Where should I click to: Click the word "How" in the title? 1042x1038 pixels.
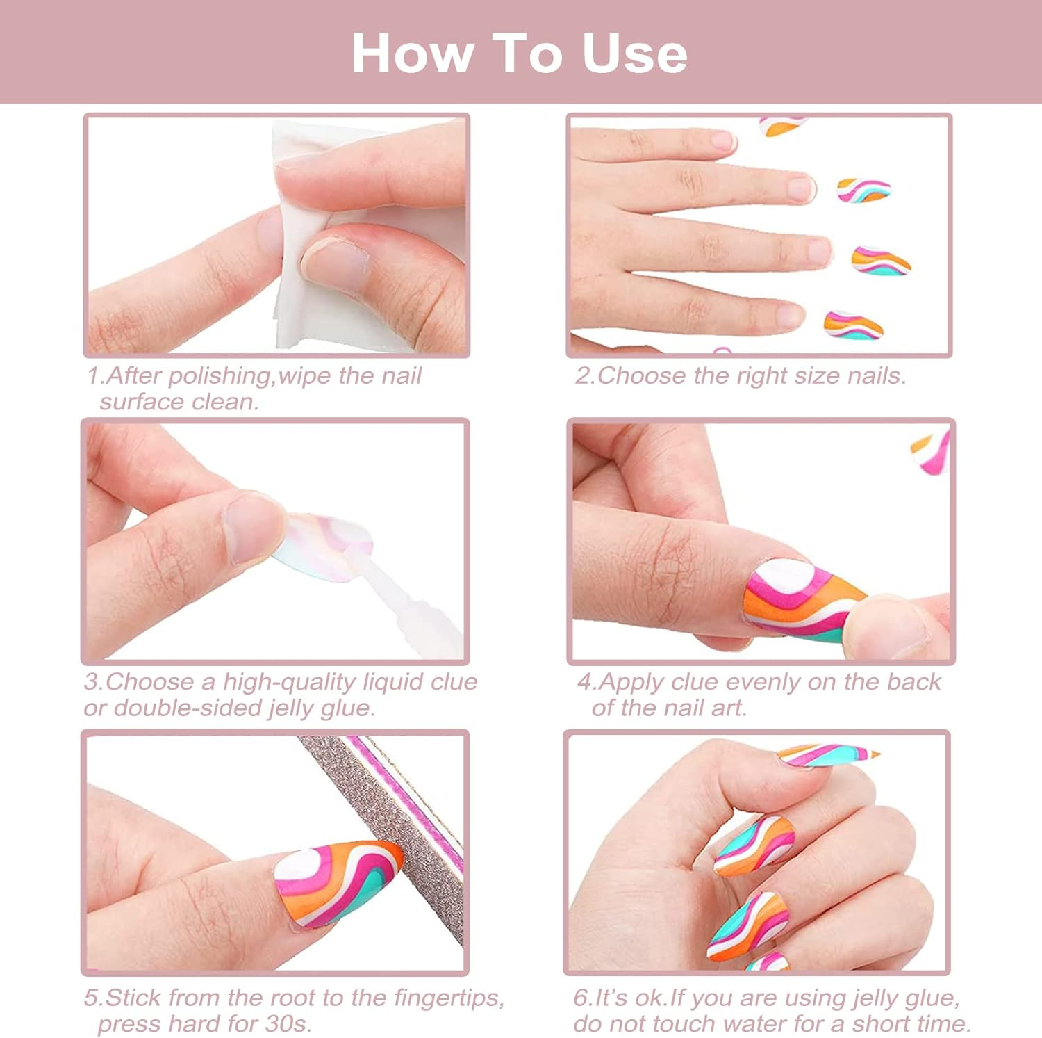[411, 54]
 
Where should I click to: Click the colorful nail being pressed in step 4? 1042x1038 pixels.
[799, 599]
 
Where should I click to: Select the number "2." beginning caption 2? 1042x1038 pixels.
[585, 376]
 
